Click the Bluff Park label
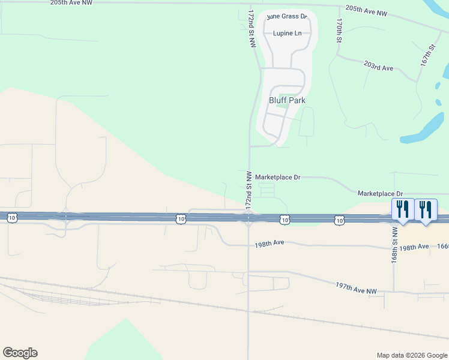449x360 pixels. (x=287, y=101)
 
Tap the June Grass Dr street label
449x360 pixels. (x=286, y=17)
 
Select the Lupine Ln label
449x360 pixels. (x=287, y=34)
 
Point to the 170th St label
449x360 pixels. (x=339, y=30)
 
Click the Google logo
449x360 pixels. (x=20, y=353)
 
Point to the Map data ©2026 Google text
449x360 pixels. (x=411, y=355)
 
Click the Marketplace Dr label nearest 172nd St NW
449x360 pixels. (x=277, y=178)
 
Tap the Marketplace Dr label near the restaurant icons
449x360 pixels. (x=381, y=193)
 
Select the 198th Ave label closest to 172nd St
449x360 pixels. (x=269, y=244)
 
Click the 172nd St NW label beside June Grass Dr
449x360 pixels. (x=252, y=28)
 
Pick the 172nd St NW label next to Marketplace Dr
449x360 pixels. (x=248, y=190)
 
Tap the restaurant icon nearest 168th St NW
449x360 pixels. (x=402, y=209)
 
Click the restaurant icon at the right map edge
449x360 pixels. (x=426, y=209)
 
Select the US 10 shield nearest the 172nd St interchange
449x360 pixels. (x=285, y=221)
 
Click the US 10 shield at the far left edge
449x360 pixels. (x=12, y=218)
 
